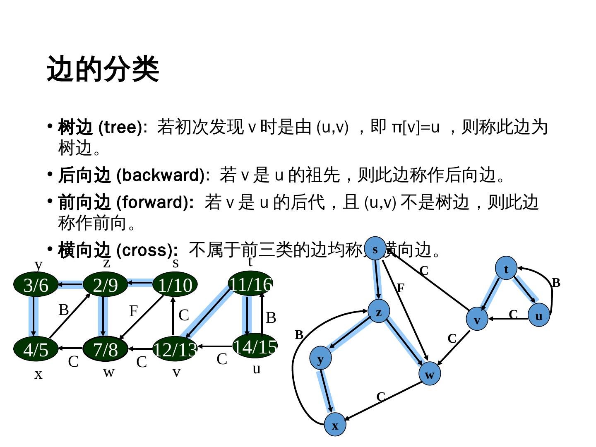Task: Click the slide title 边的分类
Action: coord(103,69)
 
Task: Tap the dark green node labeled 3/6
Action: coord(36,285)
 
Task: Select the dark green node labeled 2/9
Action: coord(105,285)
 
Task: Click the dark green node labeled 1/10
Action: coord(175,285)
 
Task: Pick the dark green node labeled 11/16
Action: coord(250,284)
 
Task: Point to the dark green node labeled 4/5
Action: coord(36,349)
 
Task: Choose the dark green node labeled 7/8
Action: coord(105,349)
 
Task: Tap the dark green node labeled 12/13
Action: coord(175,349)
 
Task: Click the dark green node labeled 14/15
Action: coord(255,346)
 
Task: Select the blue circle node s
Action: coord(375,249)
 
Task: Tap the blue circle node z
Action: coord(379,312)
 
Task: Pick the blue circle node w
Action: coord(430,374)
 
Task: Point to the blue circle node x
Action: coord(335,425)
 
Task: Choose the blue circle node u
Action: coord(538,315)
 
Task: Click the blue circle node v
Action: coord(477,319)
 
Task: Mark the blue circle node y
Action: coord(320,358)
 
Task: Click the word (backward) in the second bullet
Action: coord(161,175)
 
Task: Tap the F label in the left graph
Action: coord(133,310)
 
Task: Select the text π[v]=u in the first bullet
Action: coord(415,127)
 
